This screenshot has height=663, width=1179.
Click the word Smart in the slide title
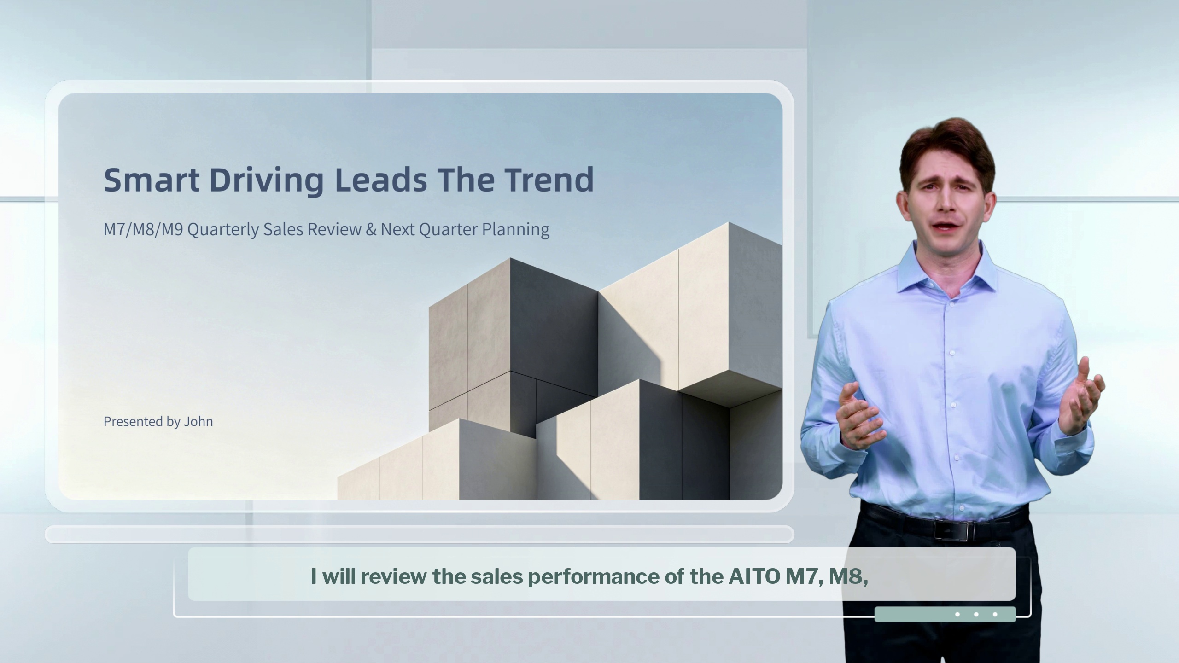click(152, 180)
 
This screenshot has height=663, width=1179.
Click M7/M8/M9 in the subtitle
click(143, 229)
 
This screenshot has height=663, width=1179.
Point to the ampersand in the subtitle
click(371, 229)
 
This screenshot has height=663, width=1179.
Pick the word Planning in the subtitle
click(516, 230)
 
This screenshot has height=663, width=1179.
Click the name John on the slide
click(198, 421)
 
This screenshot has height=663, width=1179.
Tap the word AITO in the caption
click(754, 576)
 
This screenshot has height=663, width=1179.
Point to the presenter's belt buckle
click(952, 530)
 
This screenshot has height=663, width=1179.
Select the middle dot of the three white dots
click(976, 614)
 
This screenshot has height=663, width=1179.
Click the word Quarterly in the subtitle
click(223, 230)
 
